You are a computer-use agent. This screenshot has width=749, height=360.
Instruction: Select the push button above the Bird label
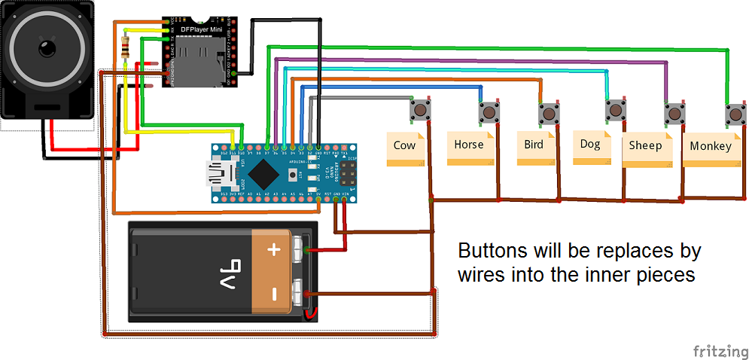(x=549, y=114)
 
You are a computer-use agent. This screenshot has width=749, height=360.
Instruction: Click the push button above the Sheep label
(x=674, y=114)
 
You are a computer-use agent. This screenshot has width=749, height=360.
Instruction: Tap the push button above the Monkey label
(x=735, y=115)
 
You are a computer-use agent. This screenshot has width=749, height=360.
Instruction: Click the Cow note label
(x=405, y=145)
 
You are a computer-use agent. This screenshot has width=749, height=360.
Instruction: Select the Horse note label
(x=470, y=145)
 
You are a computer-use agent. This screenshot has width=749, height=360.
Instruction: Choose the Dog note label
(x=592, y=144)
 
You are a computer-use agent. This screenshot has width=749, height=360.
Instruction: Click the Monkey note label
(x=710, y=147)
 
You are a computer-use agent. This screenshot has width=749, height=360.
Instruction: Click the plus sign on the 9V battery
(x=274, y=249)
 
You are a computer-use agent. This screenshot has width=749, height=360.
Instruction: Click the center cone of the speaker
(x=47, y=50)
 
